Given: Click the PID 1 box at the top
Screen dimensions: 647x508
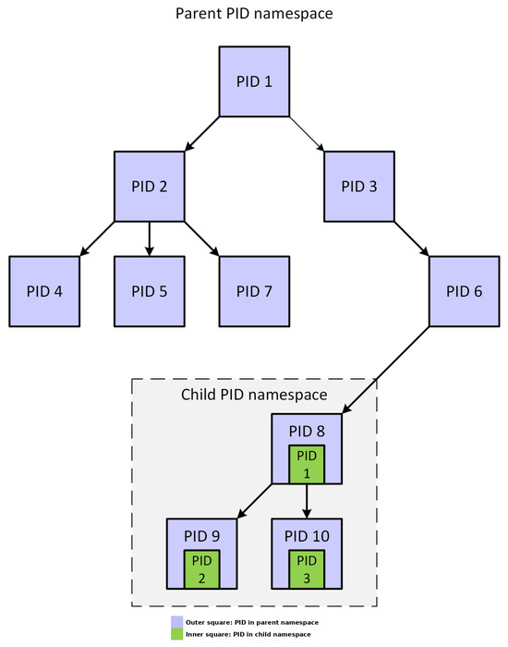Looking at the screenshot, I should pyautogui.click(x=254, y=81).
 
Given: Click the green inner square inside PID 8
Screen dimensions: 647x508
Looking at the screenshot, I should pyautogui.click(x=307, y=465).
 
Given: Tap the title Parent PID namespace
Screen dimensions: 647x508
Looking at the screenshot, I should pyautogui.click(x=254, y=16).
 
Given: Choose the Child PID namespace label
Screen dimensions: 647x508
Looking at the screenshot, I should pyautogui.click(x=254, y=396).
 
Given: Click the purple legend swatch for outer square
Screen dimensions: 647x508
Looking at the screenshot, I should pyautogui.click(x=175, y=623).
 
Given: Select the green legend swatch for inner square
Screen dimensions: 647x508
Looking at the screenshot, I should pyautogui.click(x=175, y=634).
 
